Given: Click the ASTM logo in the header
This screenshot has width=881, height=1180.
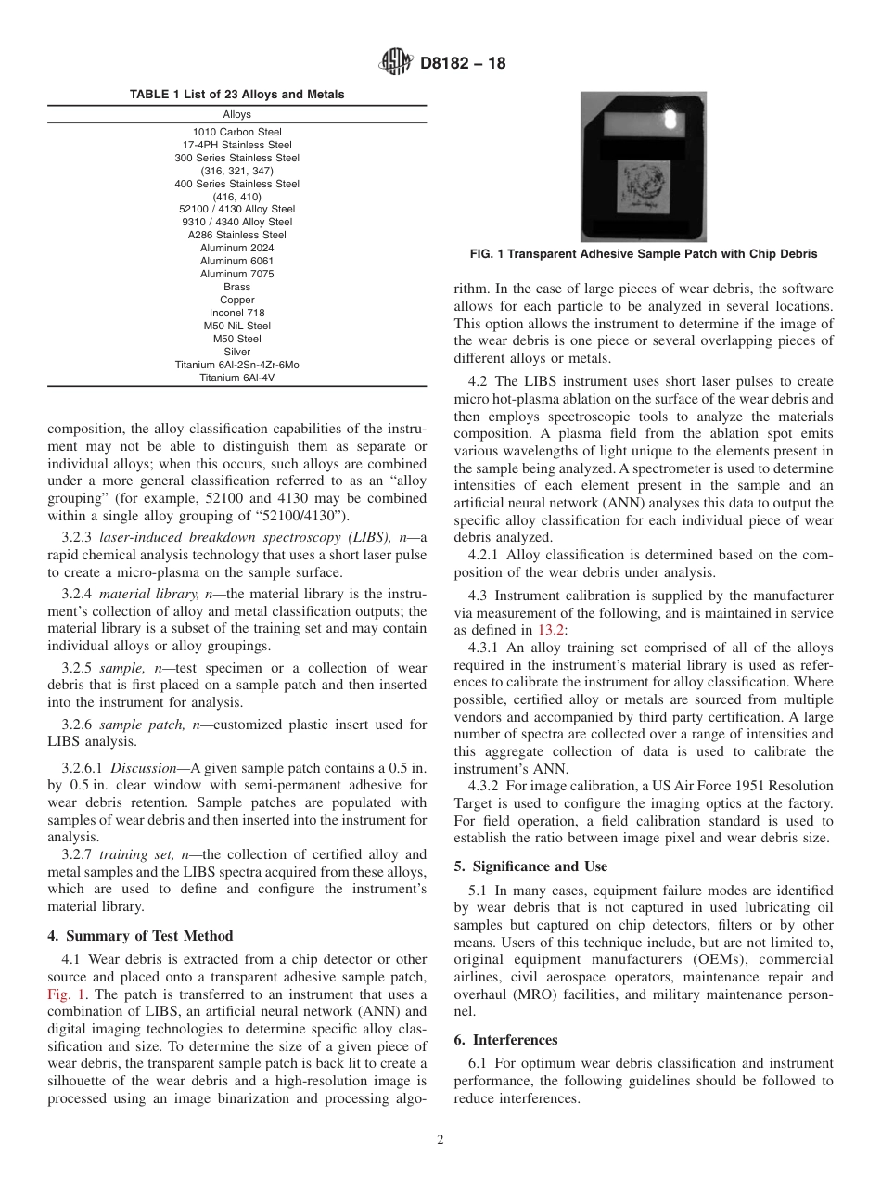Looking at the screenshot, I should tap(396, 63).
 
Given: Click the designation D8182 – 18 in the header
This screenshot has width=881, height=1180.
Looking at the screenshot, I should tap(463, 64).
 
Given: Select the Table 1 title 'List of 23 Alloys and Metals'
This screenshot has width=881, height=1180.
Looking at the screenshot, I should tap(236, 95).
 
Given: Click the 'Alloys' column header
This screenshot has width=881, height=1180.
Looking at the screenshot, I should tap(237, 115).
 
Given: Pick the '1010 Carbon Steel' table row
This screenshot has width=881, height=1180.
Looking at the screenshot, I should tap(237, 132).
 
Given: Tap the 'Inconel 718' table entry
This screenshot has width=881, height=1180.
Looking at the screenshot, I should tap(237, 313).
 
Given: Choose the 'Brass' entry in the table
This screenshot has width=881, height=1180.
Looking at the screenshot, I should tap(237, 287).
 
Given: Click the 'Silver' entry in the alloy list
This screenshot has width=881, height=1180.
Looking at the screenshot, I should tap(237, 352).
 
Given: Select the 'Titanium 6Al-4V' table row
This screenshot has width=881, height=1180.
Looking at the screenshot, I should tap(237, 378).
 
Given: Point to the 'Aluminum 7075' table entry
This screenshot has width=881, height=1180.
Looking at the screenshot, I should tap(237, 274).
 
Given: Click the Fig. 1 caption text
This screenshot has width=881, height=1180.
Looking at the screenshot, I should tap(643, 254).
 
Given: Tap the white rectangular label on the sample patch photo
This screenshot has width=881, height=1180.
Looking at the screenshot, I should tap(643, 126).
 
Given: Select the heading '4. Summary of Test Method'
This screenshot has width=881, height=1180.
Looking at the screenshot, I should tap(140, 935).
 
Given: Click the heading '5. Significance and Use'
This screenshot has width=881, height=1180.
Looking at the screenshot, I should tap(530, 866).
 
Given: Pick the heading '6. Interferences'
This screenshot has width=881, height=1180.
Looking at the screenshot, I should tap(505, 1040).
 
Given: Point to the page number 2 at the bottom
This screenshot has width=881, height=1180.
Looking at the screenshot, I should tap(440, 1140).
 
